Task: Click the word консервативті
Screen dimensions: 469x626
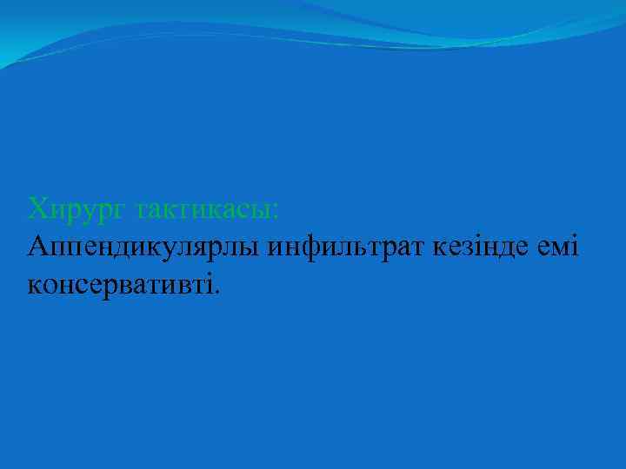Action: (x=121, y=284)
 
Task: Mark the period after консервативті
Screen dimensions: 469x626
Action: (x=217, y=291)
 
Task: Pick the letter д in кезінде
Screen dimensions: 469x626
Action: (x=507, y=248)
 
